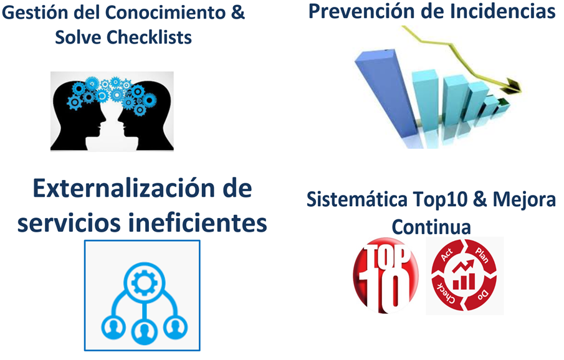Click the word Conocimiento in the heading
click(165, 12)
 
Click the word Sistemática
click(357, 199)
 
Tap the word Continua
click(431, 227)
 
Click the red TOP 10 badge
click(386, 275)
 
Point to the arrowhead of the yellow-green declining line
click(514, 87)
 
